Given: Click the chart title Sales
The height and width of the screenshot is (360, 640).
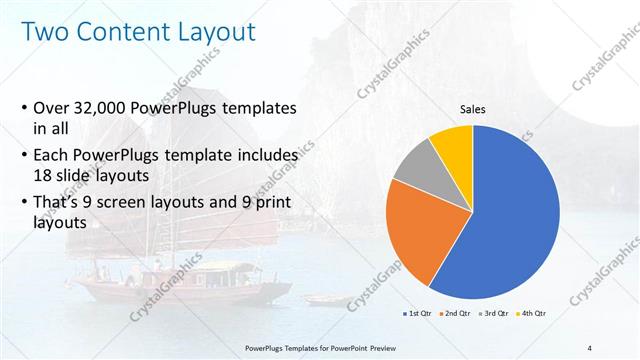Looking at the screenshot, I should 473,109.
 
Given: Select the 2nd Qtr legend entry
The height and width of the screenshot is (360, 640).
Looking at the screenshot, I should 457,313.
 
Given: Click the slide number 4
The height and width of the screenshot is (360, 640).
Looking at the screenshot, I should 589,347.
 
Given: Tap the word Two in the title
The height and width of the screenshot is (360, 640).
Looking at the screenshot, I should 45,33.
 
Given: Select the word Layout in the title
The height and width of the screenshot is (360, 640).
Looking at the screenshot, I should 214,33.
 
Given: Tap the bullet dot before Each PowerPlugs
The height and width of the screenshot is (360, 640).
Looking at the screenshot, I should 24,157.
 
